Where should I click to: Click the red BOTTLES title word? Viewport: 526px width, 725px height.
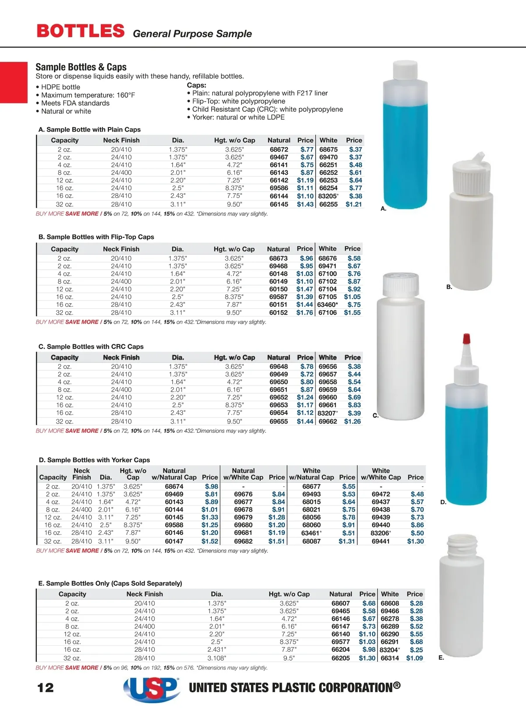click(81, 31)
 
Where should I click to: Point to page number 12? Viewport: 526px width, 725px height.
click(46, 687)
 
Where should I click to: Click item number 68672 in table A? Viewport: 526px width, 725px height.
click(279, 149)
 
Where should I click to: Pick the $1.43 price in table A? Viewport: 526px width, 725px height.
click(305, 204)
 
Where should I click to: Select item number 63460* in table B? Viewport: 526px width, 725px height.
click(327, 304)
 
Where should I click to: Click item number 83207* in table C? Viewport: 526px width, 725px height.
click(328, 413)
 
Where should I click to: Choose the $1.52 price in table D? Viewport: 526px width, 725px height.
click(210, 541)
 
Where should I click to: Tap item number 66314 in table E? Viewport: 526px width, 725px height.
click(390, 658)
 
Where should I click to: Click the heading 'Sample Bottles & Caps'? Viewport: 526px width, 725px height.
click(81, 67)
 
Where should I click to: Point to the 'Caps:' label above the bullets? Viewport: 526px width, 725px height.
click(196, 85)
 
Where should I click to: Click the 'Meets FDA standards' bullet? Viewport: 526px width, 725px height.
click(75, 103)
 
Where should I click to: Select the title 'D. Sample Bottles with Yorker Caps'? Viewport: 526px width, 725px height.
click(94, 460)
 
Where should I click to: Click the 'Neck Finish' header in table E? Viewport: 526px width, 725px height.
click(145, 594)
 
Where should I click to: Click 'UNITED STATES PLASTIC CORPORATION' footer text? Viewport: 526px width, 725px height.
click(295, 688)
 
